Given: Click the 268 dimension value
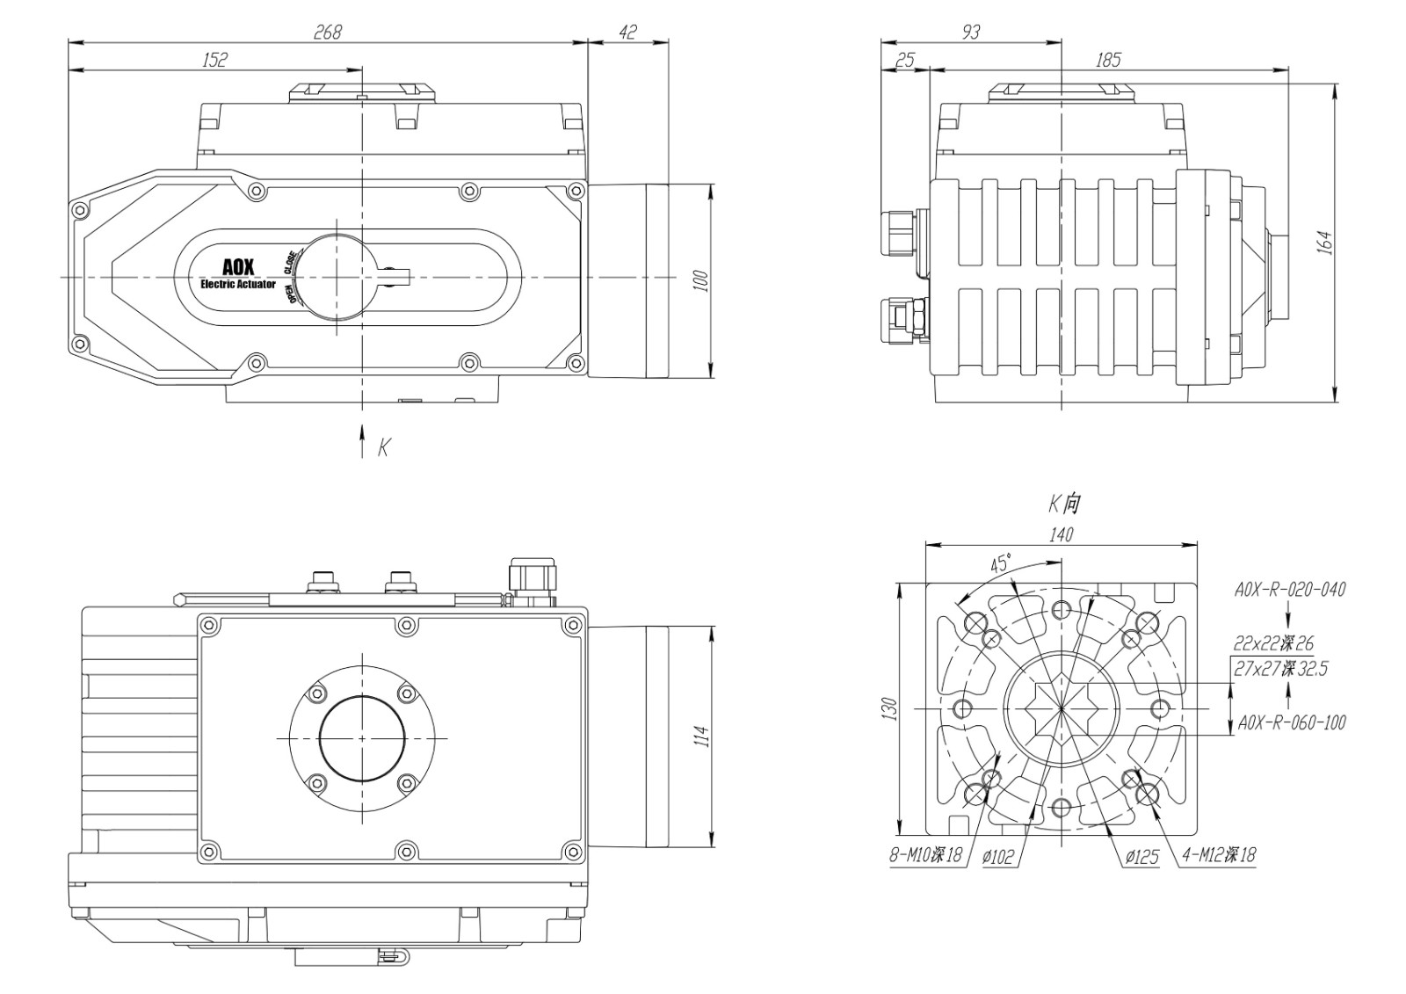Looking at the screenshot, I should (327, 32).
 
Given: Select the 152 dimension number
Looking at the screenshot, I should (214, 60).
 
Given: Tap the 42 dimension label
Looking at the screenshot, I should (627, 32).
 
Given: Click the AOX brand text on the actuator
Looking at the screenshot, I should (238, 267).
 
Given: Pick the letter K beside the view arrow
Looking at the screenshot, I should (383, 448).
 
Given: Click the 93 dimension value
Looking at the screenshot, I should (971, 32).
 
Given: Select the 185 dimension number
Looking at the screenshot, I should (1108, 60).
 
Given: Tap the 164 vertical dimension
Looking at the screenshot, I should (1325, 243).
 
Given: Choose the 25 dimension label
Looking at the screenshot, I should (905, 60).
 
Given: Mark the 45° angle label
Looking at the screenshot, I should (1001, 562).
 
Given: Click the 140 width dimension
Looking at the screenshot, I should (1062, 534).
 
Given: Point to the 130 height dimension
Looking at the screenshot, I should (888, 708).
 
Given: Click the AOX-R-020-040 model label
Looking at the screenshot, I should (1290, 590).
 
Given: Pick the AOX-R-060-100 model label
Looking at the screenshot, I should (1291, 722).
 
